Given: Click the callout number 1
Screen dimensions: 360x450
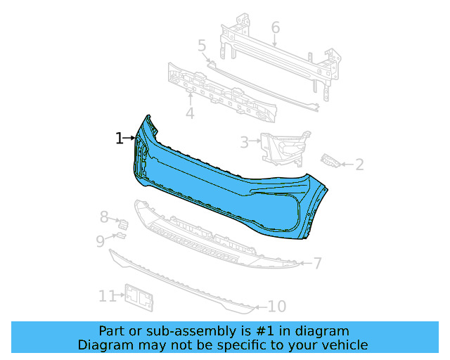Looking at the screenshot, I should [x=120, y=139].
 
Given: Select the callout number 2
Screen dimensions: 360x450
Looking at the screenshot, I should [x=359, y=165].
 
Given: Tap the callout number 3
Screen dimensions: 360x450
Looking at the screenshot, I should [x=244, y=143].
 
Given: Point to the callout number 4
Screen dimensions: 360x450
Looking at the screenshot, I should [x=190, y=113].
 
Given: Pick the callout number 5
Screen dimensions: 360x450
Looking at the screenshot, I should [x=202, y=46].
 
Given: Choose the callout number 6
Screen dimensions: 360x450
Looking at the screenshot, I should [x=275, y=27].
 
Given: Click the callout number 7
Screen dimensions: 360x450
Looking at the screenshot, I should [x=317, y=264].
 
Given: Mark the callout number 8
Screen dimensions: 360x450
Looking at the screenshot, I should [x=103, y=217].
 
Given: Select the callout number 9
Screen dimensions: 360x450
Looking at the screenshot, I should [x=101, y=241].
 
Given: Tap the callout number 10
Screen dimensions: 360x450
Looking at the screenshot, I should [x=277, y=307].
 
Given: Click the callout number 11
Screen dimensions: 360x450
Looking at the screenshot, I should [x=106, y=297].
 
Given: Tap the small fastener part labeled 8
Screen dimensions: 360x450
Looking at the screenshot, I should [x=124, y=224].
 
